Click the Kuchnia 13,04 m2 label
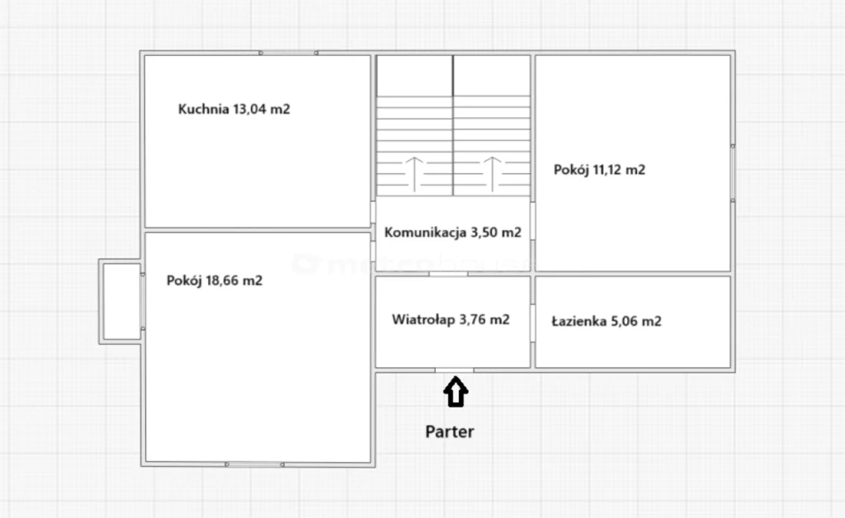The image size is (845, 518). [234, 110]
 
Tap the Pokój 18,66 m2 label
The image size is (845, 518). [215, 280]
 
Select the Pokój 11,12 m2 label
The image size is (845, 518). [599, 170]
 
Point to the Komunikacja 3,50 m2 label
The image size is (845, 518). [453, 233]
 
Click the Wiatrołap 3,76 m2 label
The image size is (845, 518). [451, 320]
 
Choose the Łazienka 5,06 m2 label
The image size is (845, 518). [607, 322]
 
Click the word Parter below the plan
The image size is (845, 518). [450, 432]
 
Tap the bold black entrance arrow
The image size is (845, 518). [456, 392]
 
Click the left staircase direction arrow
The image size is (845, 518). [414, 174]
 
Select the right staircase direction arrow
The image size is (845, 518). [492, 174]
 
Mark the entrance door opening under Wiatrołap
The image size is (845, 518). [455, 370]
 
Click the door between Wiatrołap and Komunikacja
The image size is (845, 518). [448, 274]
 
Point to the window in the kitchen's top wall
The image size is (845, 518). [288, 53]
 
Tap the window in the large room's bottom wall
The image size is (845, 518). [254, 464]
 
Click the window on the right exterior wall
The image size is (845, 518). [733, 173]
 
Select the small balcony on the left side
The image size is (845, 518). [120, 302]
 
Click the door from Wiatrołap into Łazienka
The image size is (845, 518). [532, 323]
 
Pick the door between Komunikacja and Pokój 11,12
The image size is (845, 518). [532, 221]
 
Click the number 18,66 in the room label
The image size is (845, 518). [222, 280]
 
